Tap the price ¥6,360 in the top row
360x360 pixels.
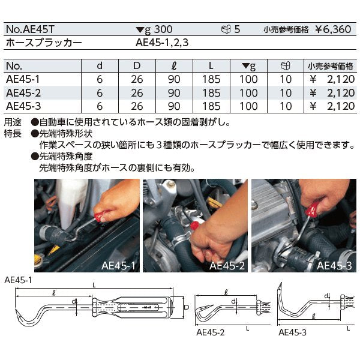click(x=337, y=29)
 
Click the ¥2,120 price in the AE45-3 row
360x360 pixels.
click(x=331, y=106)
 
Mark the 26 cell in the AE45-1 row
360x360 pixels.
click(x=137, y=79)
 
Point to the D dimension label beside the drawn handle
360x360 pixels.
click(x=187, y=308)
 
